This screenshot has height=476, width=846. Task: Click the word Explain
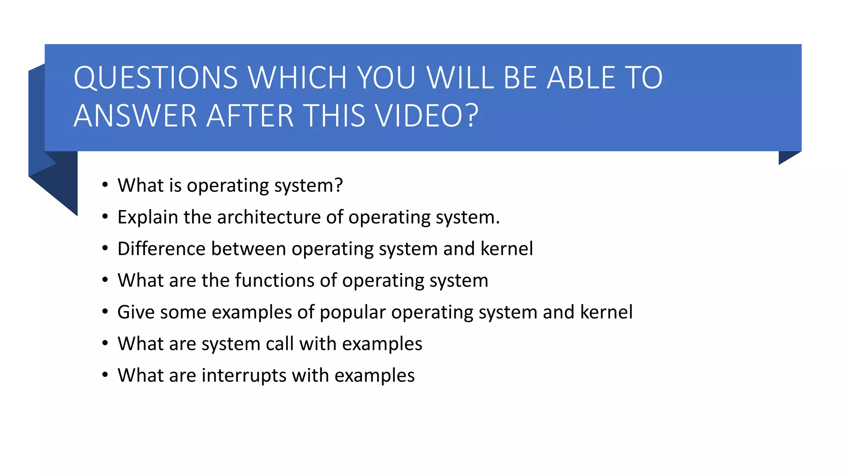click(147, 217)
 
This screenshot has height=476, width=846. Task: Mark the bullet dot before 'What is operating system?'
click(105, 185)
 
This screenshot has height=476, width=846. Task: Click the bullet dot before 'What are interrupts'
click(105, 375)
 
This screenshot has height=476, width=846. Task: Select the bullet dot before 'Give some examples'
click(105, 312)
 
